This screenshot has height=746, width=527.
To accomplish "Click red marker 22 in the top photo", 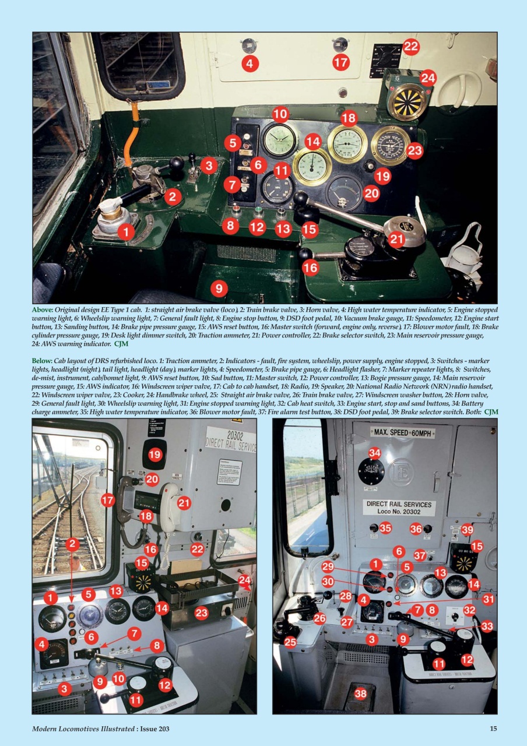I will (x=412, y=47).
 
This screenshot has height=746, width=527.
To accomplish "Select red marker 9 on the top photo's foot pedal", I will (x=219, y=287).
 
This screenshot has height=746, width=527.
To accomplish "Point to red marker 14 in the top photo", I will (x=313, y=141).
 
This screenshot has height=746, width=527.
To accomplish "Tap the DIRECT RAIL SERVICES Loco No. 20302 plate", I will (x=399, y=508).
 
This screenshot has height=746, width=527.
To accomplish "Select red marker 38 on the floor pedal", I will (x=361, y=693).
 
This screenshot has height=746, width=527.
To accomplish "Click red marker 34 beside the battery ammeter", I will (x=374, y=452).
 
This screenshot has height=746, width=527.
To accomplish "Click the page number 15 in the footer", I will (x=493, y=729).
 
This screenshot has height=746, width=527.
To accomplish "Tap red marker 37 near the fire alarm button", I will (x=420, y=554).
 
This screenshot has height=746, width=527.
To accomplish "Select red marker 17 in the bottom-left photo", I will (x=108, y=499).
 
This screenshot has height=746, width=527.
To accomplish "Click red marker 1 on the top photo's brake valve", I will (x=126, y=232).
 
